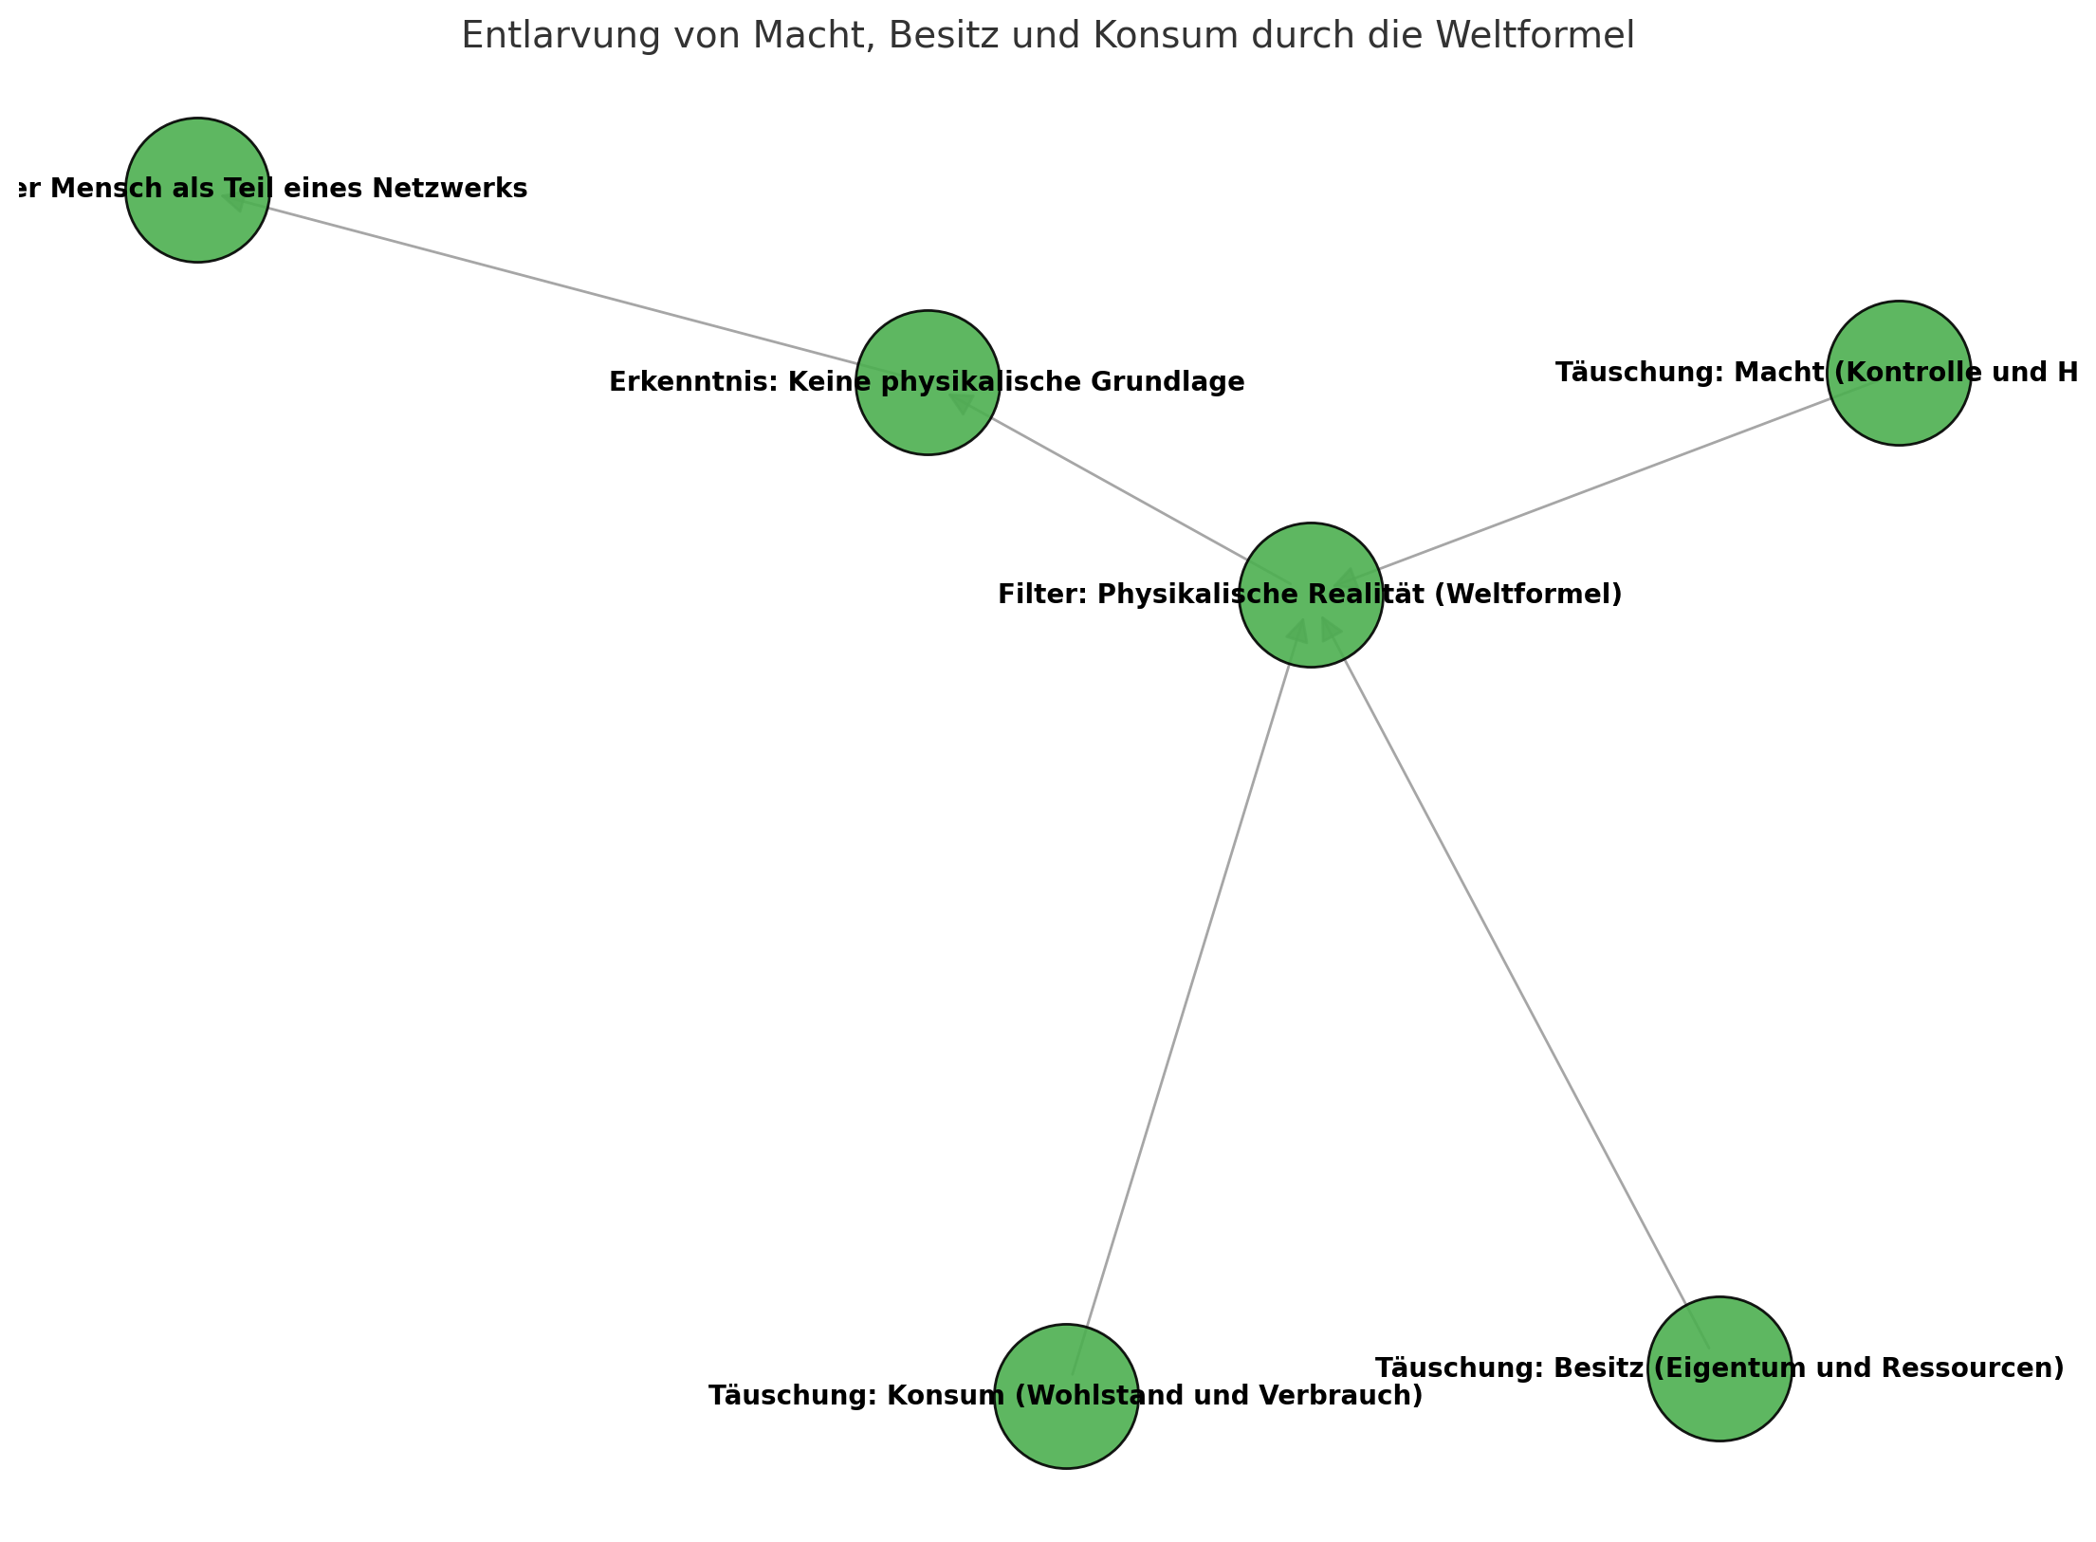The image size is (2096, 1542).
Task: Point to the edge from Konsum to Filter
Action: tap(1186, 996)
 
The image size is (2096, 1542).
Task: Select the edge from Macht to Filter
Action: tap(1603, 484)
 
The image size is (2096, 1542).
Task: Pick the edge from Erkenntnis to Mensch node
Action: tap(569, 285)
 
